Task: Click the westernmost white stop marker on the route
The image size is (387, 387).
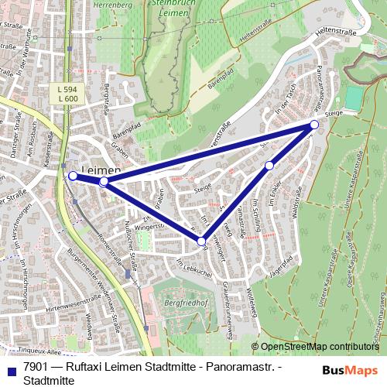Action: (x=73, y=176)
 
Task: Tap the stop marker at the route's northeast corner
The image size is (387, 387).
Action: (x=314, y=125)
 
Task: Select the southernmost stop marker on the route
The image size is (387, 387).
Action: (x=201, y=242)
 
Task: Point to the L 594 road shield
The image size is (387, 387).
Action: (x=68, y=89)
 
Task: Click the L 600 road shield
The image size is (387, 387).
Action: (x=68, y=98)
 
